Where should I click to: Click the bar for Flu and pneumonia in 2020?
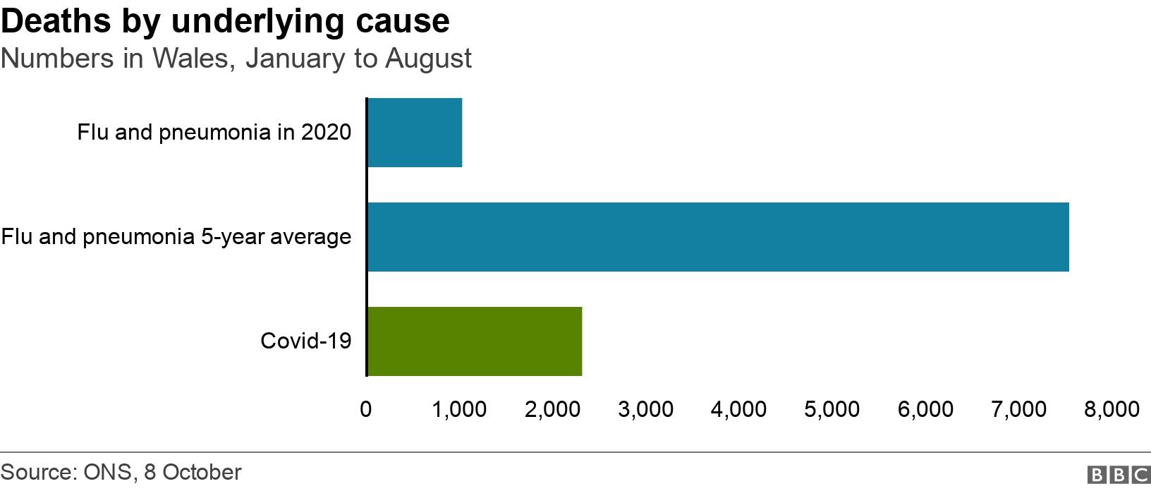coord(415,133)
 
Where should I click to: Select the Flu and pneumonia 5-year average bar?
coord(718,237)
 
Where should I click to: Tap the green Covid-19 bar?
coord(475,341)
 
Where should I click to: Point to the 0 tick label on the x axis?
coord(365,409)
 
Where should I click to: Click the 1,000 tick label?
coord(458,409)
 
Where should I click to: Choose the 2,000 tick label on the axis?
coord(552,409)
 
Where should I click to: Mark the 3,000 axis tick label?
coord(645,409)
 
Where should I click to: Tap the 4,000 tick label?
coord(738,409)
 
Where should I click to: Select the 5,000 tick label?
coord(832,409)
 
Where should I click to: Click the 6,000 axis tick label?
coord(925,409)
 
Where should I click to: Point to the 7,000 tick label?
coord(1018,409)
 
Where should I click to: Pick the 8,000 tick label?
coord(1112,409)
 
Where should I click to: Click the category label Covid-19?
coord(306,341)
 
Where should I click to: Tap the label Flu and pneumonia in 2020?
coord(214,133)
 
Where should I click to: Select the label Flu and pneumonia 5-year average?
coord(176,237)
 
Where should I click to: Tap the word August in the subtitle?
coord(428,59)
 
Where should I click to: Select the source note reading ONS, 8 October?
coord(162,472)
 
